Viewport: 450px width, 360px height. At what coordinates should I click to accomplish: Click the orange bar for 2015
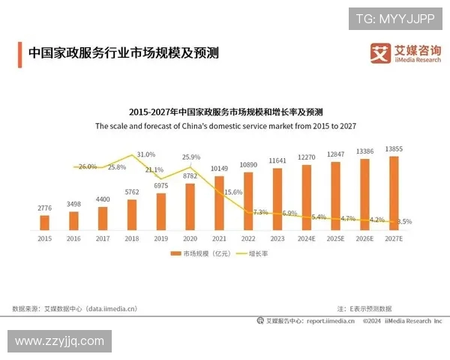[x=44, y=222]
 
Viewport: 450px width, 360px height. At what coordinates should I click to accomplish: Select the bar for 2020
[x=190, y=206]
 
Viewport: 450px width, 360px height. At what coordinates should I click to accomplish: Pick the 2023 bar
[x=277, y=199]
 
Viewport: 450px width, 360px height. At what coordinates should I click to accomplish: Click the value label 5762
[x=132, y=193]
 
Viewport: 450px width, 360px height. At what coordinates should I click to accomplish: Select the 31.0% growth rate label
[x=145, y=154]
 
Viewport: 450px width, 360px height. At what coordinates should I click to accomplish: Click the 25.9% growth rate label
[x=191, y=157]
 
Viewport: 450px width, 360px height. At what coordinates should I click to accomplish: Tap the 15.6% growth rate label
[x=233, y=193]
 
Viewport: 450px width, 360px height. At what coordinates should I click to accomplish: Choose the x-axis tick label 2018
[x=132, y=238]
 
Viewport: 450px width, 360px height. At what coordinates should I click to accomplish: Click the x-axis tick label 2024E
[x=307, y=238]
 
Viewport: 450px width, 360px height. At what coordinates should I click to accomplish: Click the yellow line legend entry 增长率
[x=253, y=254]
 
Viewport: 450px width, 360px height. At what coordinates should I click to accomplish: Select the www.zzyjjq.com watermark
[x=59, y=341]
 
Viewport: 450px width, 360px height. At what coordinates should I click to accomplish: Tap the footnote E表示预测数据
[x=364, y=308]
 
